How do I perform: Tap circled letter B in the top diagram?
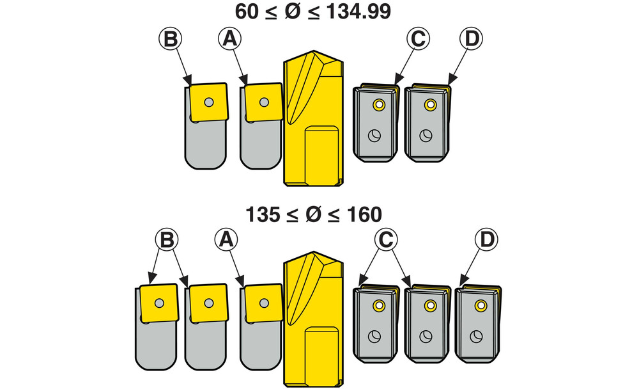[171, 39]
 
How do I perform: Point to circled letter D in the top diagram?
[471, 39]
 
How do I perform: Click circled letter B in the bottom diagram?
[166, 240]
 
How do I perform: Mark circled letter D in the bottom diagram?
[486, 240]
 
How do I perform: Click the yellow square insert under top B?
[208, 102]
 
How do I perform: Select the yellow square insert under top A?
[263, 102]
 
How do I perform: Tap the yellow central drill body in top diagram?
[313, 122]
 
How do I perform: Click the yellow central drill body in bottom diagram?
[313, 320]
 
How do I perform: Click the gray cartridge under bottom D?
[478, 326]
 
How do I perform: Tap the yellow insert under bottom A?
[261, 303]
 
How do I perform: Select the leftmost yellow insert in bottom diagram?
[158, 303]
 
